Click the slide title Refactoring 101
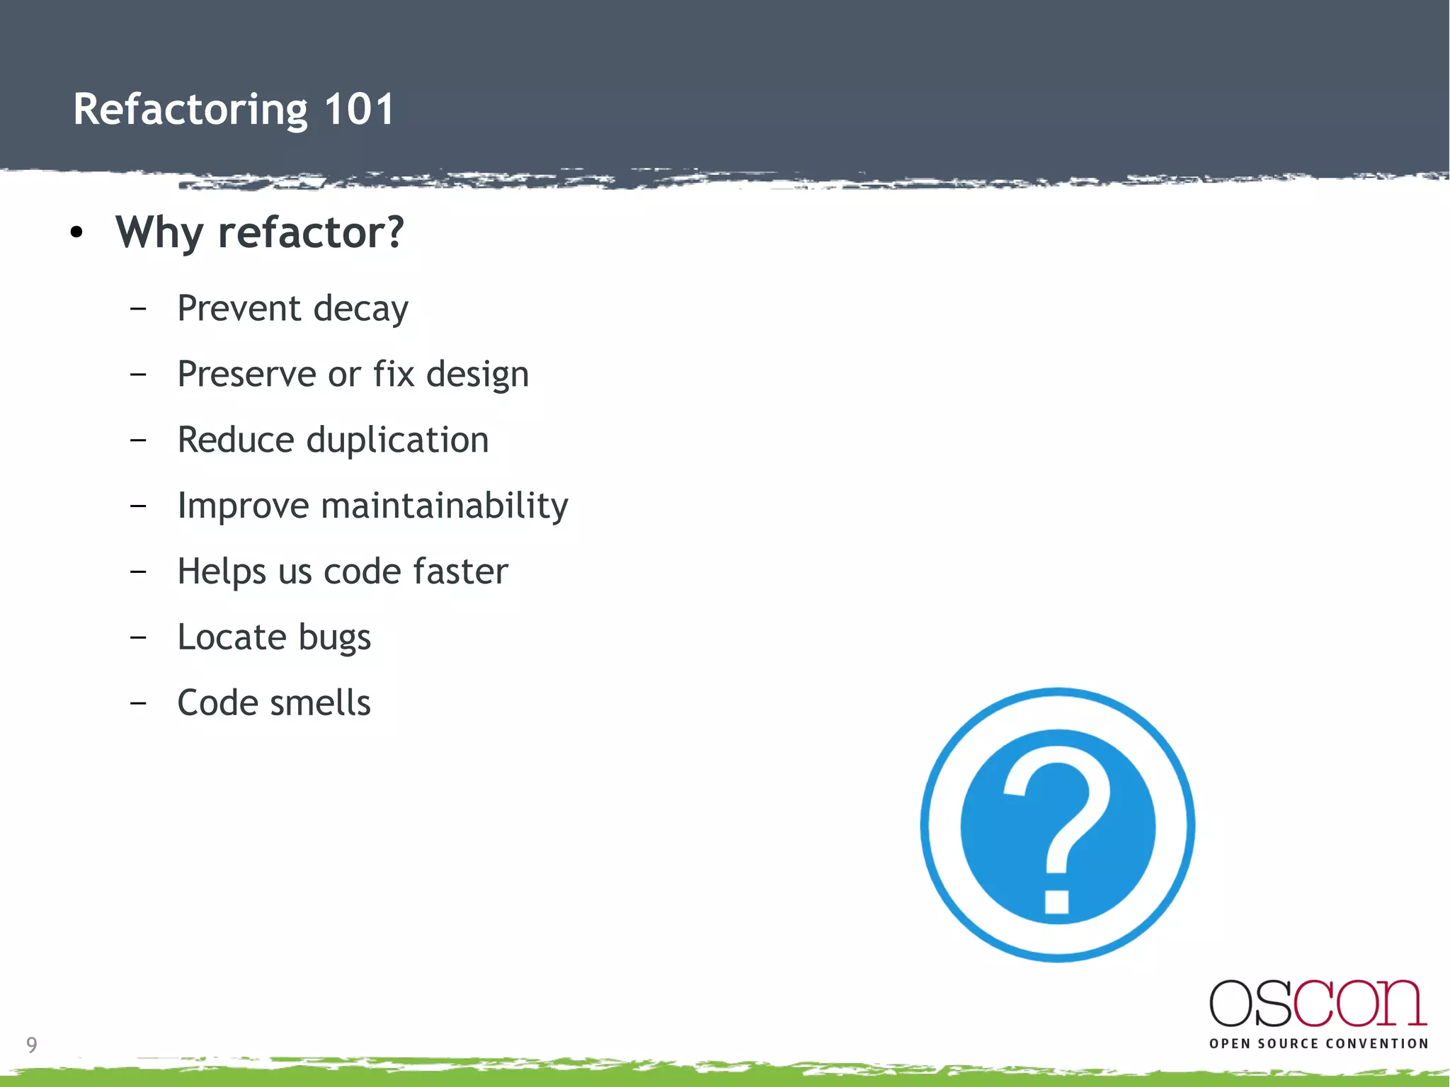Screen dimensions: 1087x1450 (x=234, y=110)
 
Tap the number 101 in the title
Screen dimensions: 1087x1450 (x=359, y=110)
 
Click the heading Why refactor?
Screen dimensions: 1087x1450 (x=260, y=233)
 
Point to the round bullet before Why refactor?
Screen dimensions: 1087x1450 (x=77, y=232)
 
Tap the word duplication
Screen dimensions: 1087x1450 (x=397, y=440)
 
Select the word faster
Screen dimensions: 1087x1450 (x=460, y=571)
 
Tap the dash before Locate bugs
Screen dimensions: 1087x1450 (x=139, y=637)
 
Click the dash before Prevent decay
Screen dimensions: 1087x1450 (x=139, y=309)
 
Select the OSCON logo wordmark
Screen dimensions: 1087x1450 (x=1318, y=1003)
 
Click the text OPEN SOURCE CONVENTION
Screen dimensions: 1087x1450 (x=1318, y=1044)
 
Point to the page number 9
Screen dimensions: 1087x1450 (x=32, y=1045)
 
